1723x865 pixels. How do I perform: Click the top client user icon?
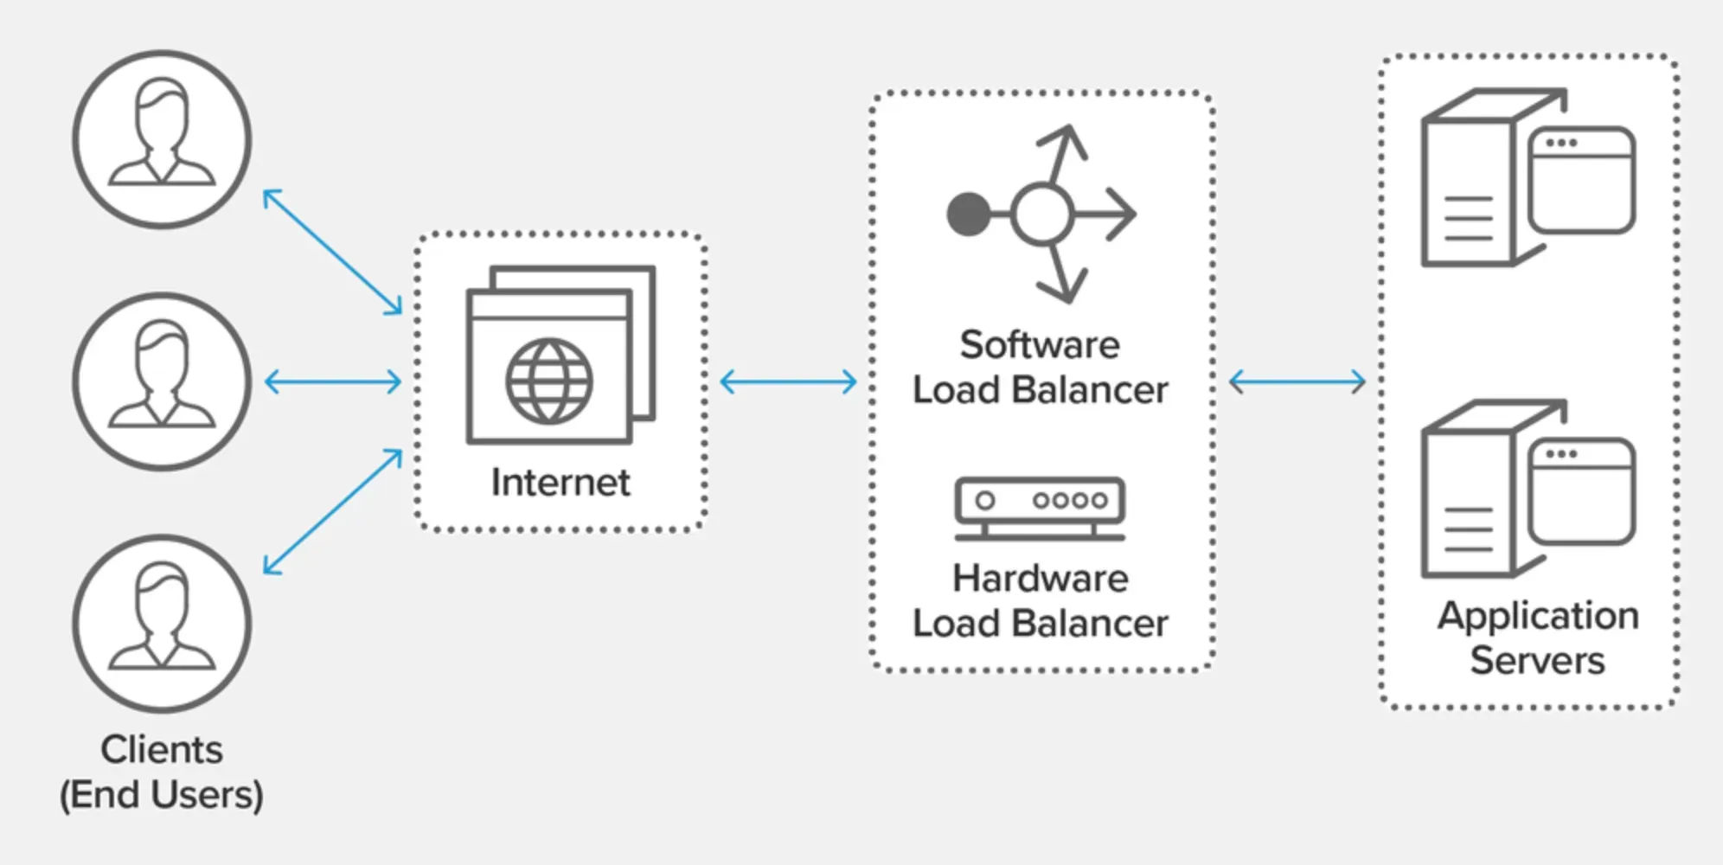[162, 139]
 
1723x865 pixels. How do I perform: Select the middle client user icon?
[162, 381]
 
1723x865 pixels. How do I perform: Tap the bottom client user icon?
[162, 624]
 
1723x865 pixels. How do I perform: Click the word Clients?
[162, 749]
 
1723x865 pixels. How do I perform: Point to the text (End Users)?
[162, 794]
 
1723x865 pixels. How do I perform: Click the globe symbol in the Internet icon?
[549, 381]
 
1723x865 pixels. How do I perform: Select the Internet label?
[560, 483]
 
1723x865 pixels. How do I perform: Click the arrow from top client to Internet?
[333, 251]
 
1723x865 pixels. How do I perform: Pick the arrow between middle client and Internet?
[333, 381]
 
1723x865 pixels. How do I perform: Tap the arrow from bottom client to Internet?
[333, 511]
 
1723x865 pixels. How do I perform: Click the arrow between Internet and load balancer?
[788, 381]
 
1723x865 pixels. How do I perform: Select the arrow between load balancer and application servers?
[1297, 381]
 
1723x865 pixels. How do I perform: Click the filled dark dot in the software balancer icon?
[969, 214]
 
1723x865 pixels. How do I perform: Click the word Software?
[1040, 345]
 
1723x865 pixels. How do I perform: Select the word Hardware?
[1040, 579]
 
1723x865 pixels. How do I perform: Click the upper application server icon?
[1528, 177]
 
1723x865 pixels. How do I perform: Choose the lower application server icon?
[1528, 489]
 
